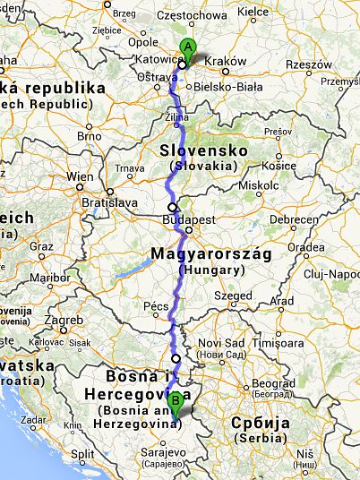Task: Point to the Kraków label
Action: point(225,61)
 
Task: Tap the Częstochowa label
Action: point(192,15)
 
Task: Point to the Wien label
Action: point(80,176)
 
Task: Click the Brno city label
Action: point(90,136)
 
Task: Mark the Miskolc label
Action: point(258,186)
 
